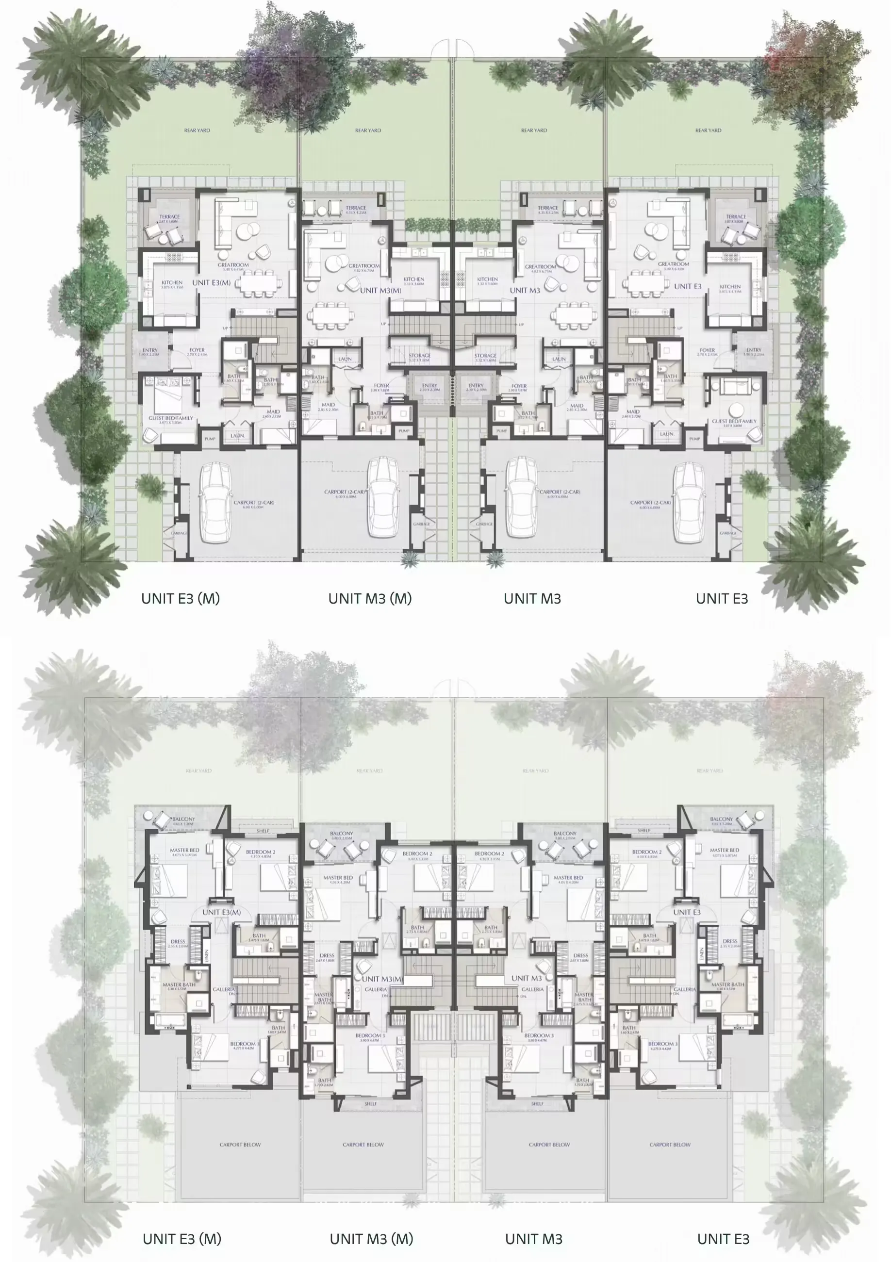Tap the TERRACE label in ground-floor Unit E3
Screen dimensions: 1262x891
coord(735,216)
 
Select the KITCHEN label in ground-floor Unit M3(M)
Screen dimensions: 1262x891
coord(413,279)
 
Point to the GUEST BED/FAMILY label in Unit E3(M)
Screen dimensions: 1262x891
coord(170,418)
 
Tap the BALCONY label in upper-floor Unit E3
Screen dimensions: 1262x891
coord(721,819)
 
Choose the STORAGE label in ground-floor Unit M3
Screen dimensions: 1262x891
coord(485,356)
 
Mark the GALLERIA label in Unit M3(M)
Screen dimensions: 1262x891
coord(376,989)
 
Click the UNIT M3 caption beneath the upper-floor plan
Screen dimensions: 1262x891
coord(533,1239)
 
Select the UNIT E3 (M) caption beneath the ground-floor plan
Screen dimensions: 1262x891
coord(181,599)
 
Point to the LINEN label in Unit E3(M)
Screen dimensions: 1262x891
coord(207,955)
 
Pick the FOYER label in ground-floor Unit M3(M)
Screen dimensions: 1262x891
coord(381,386)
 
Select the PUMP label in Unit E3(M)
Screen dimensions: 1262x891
coord(210,439)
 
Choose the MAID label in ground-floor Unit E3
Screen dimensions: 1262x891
coord(633,411)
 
